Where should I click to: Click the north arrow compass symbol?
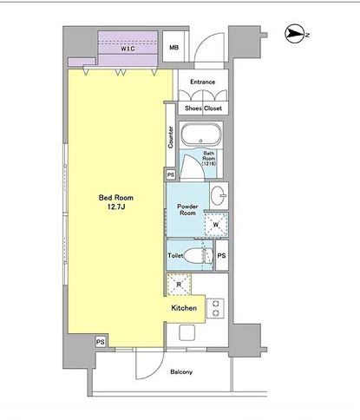(296, 34)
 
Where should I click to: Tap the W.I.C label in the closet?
(128, 49)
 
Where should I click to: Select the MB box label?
(173, 47)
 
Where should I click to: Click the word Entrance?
(202, 82)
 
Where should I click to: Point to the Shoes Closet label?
(203, 108)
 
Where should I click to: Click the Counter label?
(171, 137)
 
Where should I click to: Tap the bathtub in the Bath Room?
(201, 135)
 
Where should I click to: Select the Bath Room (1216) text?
(209, 159)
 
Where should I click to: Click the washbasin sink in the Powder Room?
(219, 195)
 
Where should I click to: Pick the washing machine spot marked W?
(216, 225)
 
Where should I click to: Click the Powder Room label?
(187, 210)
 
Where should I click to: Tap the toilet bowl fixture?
(199, 255)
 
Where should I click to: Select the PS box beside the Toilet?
(222, 255)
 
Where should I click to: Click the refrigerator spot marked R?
(179, 285)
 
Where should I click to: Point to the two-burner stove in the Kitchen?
(215, 308)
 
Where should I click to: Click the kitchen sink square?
(187, 332)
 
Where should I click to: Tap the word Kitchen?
(184, 308)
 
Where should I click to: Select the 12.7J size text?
(116, 207)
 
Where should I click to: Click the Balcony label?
(181, 372)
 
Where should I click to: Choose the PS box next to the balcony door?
(101, 342)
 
